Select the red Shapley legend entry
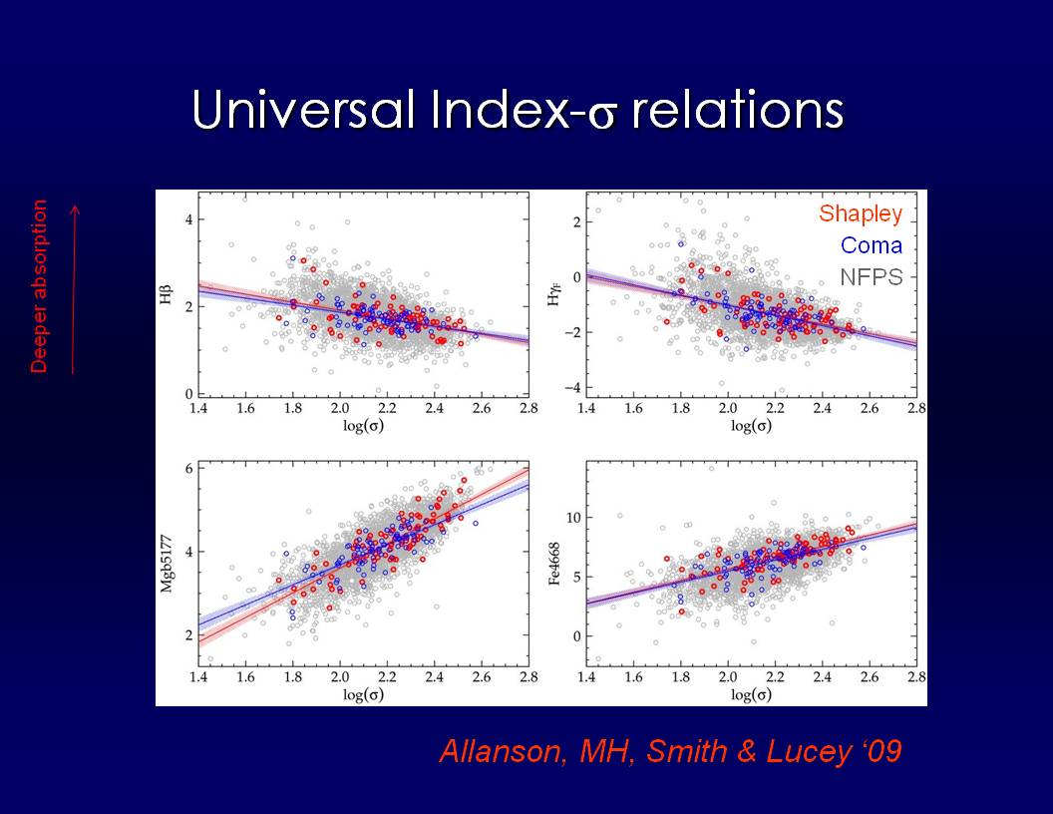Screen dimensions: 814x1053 pyautogui.click(x=860, y=213)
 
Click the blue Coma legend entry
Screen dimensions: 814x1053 pyautogui.click(x=871, y=245)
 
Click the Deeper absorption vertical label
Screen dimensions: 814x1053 pyautogui.click(x=40, y=286)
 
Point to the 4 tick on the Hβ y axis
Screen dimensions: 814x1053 pyautogui.click(x=187, y=219)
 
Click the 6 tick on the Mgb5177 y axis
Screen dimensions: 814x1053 pyautogui.click(x=187, y=468)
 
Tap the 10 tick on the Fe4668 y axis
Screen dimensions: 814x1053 pyautogui.click(x=571, y=518)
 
